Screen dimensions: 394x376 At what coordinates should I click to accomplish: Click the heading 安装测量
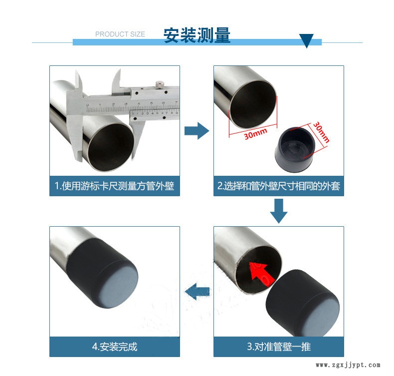click(197, 35)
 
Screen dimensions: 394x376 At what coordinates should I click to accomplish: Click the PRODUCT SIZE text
click(120, 34)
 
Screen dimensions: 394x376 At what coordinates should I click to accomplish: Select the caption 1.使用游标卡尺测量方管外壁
click(115, 186)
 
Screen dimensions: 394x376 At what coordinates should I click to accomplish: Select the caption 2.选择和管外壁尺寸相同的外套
click(279, 186)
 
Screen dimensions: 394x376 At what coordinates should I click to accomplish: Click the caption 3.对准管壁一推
click(279, 347)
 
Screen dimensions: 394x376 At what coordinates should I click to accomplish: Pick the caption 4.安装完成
click(115, 347)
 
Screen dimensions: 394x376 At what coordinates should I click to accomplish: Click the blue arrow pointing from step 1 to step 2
click(197, 131)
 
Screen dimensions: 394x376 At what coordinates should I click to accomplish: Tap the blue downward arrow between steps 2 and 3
click(279, 211)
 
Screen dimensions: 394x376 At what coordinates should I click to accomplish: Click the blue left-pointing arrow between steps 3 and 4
click(197, 292)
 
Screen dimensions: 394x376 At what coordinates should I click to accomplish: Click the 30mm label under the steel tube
click(255, 133)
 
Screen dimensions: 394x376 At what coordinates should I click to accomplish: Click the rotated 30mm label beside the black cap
click(321, 132)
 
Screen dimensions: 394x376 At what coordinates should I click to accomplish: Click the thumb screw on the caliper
click(160, 84)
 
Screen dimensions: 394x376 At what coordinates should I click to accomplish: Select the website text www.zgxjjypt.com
click(348, 365)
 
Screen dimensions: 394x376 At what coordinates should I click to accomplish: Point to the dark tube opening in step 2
click(253, 105)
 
